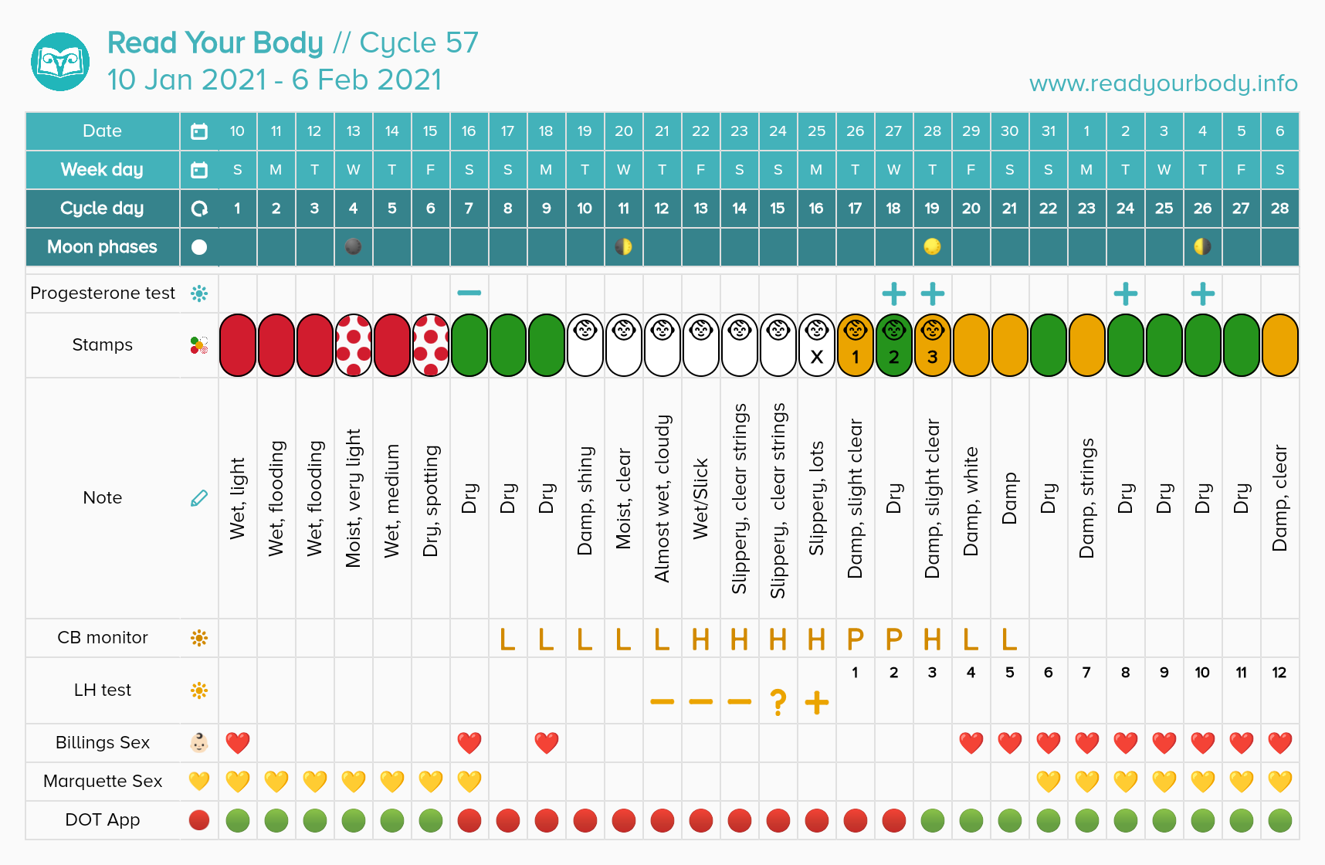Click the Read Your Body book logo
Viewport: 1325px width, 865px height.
(60, 62)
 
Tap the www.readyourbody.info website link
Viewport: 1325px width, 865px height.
(1163, 83)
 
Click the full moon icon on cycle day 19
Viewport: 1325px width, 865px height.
(932, 246)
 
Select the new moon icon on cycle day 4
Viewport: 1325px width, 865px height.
(353, 246)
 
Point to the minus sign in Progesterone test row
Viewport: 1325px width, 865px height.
(469, 293)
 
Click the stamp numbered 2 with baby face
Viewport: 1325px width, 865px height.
(893, 345)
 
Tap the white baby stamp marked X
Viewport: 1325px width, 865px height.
(816, 345)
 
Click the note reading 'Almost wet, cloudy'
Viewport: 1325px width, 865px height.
(662, 498)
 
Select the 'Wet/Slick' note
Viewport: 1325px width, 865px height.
(700, 498)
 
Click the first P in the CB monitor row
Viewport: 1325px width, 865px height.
(855, 639)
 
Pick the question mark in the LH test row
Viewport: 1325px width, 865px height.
(778, 702)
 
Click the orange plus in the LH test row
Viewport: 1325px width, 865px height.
(816, 702)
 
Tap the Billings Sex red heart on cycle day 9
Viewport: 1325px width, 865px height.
(546, 743)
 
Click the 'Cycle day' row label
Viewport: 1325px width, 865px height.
(102, 209)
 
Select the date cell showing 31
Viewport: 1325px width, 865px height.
(1048, 131)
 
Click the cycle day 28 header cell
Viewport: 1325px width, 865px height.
(1279, 209)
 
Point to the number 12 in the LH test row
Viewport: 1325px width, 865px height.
(1279, 673)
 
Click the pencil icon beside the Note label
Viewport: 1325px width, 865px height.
(199, 498)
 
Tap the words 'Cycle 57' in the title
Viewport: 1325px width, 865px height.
(419, 43)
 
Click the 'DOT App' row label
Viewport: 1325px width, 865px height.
(102, 820)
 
